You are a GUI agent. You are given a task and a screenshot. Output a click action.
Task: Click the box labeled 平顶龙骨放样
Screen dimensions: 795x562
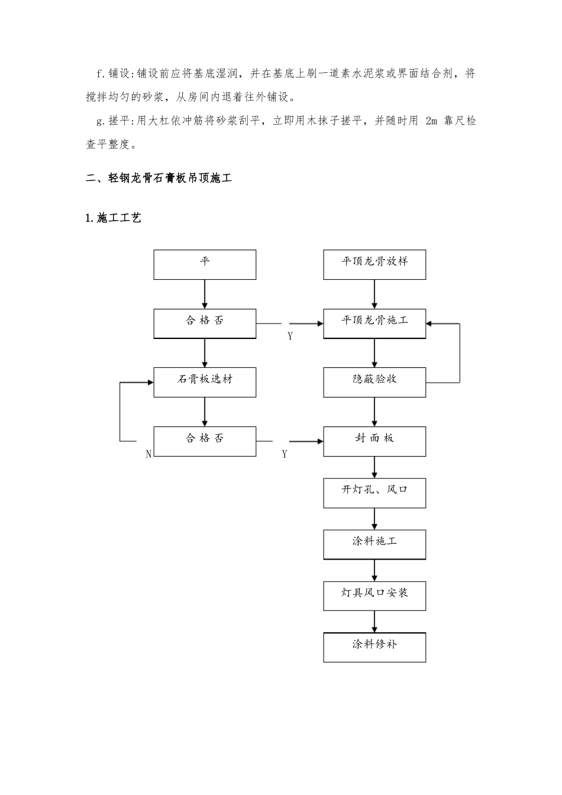point(374,264)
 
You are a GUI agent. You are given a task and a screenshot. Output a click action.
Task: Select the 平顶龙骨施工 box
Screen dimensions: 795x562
point(374,323)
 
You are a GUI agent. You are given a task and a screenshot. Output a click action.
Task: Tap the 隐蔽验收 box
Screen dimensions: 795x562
point(374,382)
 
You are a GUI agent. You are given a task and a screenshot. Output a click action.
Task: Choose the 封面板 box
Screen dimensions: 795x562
point(374,441)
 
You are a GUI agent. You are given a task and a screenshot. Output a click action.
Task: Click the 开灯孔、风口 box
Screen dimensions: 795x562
point(374,493)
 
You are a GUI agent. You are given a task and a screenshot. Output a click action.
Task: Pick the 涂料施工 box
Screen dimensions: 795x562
point(374,544)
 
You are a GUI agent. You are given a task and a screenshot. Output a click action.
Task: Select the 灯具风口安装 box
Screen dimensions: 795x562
point(374,596)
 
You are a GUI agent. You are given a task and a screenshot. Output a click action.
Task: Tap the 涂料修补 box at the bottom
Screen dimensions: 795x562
point(374,647)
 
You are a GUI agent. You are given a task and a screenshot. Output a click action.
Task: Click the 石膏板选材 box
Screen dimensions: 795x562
point(205,382)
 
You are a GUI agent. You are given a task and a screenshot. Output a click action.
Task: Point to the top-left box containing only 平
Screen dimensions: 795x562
point(205,264)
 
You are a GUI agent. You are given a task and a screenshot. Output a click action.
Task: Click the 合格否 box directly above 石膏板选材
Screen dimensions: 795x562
point(205,323)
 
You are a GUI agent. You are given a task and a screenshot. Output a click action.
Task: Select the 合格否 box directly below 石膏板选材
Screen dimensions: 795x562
point(205,441)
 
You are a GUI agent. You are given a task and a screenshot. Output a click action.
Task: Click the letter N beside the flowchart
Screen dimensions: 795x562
point(148,454)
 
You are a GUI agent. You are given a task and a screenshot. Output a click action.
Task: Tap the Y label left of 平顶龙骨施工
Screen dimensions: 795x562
point(290,337)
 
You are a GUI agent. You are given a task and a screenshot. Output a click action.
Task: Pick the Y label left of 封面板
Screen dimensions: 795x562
point(285,454)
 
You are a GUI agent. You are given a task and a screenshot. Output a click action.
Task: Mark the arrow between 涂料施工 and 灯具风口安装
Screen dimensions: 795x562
point(374,570)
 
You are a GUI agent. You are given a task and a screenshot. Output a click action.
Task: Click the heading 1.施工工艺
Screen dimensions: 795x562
point(114,218)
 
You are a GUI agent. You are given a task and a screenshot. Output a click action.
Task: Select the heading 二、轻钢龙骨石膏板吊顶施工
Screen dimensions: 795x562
point(159,178)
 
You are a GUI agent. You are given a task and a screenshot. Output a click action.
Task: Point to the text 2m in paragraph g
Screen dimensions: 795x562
point(431,121)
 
